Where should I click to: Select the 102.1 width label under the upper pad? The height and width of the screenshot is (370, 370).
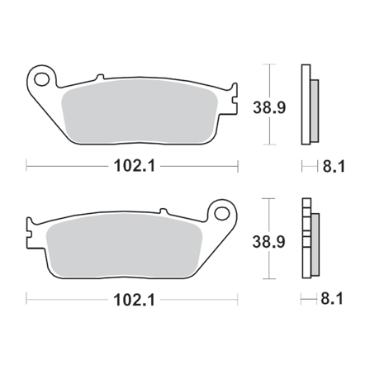(x=133, y=166)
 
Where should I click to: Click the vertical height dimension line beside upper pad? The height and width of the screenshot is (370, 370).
(x=267, y=83)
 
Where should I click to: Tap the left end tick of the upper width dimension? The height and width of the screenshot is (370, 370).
(x=27, y=166)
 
